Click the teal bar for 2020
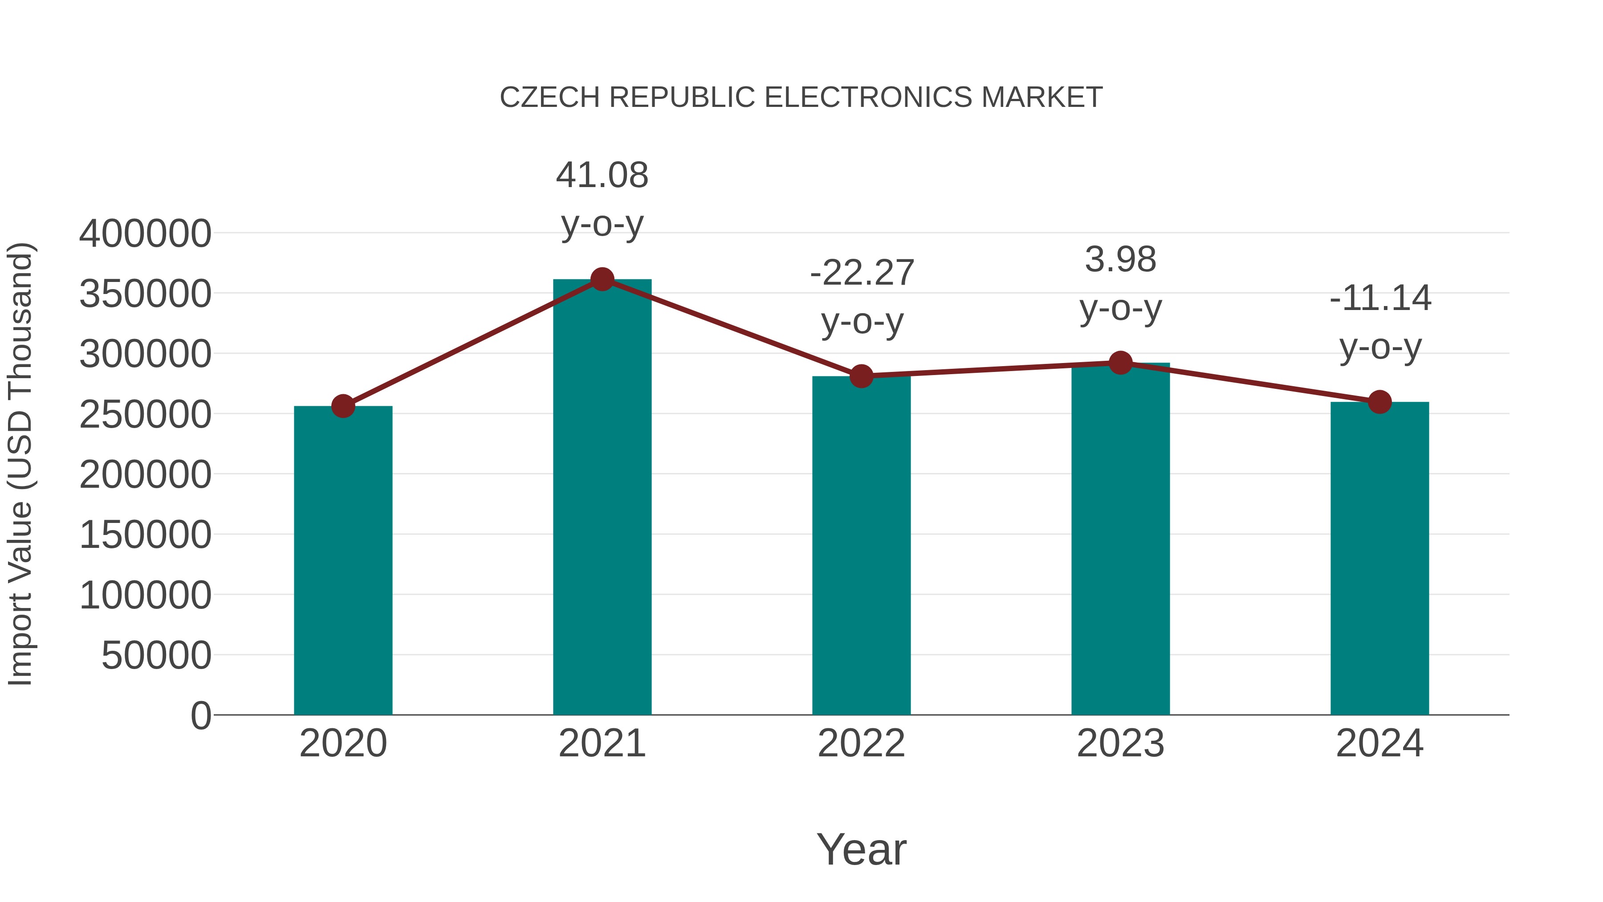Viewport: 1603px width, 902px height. pos(343,560)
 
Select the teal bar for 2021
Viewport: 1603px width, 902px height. pos(602,498)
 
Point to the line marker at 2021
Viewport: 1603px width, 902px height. pos(602,279)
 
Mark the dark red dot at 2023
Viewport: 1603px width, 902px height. pos(1120,363)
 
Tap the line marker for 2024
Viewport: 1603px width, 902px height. pos(1379,402)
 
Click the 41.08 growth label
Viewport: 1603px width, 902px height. pos(602,176)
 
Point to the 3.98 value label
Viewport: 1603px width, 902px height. pos(1120,260)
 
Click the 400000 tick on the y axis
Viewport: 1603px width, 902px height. pos(145,234)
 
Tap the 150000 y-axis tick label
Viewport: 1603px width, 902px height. pos(145,535)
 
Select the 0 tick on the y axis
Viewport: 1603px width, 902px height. pos(201,715)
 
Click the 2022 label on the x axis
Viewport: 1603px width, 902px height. pos(861,743)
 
